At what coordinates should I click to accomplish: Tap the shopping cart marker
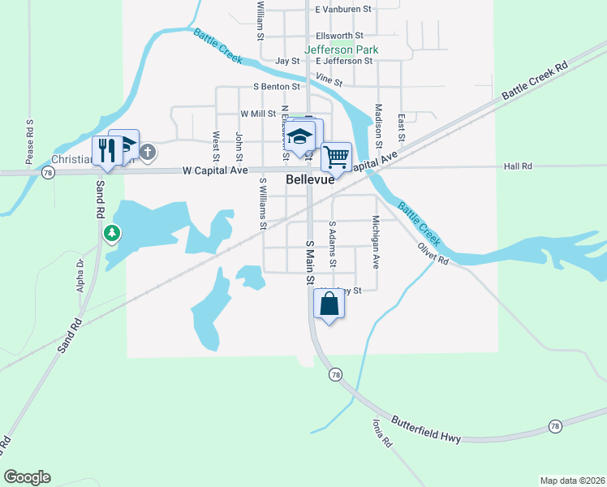(336, 155)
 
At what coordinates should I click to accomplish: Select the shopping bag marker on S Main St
(329, 304)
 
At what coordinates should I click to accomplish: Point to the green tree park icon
(112, 235)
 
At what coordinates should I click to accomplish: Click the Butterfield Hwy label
(426, 430)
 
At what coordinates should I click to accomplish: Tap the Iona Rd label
(381, 433)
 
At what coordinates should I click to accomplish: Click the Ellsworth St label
(340, 36)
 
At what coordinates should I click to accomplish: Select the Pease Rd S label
(29, 142)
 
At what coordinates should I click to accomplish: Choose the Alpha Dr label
(80, 275)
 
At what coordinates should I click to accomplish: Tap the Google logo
(27, 477)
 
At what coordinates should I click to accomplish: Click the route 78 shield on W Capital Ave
(49, 173)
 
